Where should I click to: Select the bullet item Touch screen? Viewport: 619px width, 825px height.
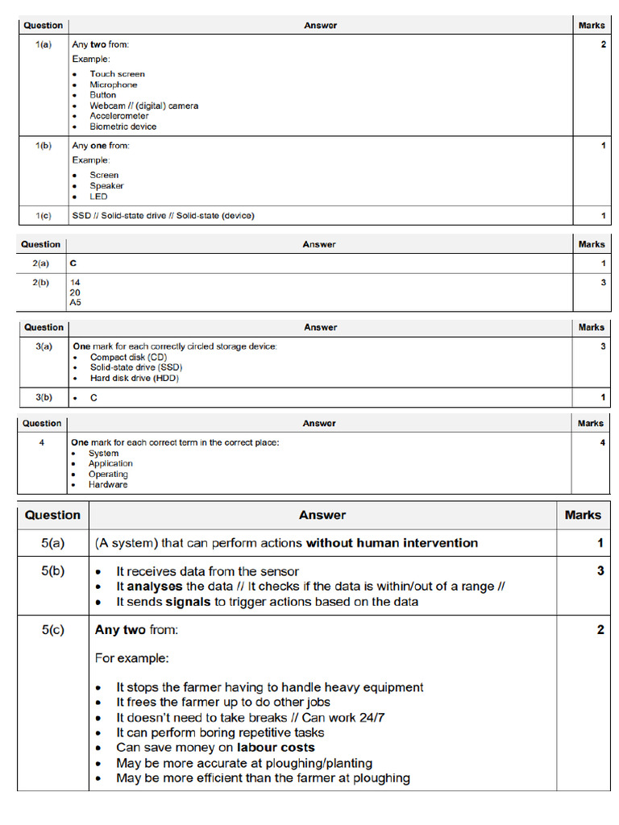(117, 74)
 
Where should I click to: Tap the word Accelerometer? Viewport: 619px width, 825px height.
(118, 116)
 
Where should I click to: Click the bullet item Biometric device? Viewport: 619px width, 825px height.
(123, 126)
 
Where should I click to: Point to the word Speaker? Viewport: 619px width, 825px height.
(106, 186)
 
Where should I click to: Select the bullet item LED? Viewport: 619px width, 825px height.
(98, 197)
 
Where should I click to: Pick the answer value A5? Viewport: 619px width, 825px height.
(76, 303)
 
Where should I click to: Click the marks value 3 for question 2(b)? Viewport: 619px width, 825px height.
(602, 283)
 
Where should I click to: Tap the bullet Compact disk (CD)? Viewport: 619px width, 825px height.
(128, 357)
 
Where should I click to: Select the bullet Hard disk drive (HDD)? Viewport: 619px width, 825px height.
(134, 378)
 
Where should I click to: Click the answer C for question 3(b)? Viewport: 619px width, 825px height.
(93, 398)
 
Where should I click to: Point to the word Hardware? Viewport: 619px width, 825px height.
(108, 485)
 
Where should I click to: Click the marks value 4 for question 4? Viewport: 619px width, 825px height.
(602, 443)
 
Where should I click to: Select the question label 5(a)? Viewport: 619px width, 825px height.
(53, 543)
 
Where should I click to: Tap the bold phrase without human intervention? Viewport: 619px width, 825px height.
(392, 543)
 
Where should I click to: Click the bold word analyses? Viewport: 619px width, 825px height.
(155, 587)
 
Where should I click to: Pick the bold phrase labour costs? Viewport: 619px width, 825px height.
(276, 748)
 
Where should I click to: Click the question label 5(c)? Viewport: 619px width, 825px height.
(53, 630)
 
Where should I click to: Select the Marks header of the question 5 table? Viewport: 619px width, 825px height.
(582, 515)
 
